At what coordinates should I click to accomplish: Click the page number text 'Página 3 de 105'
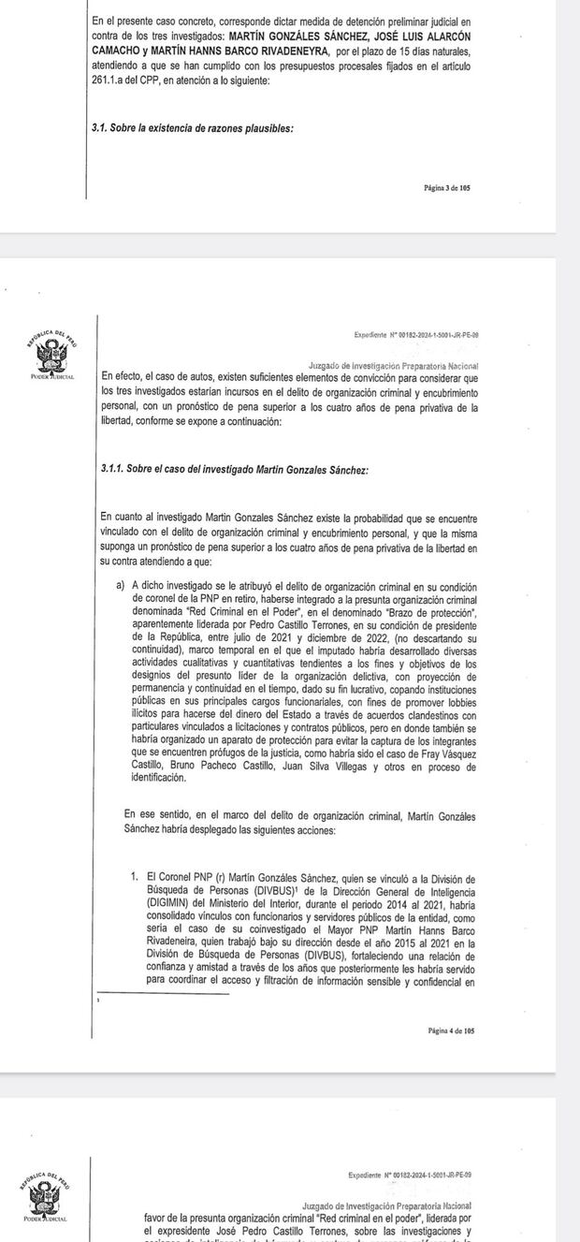[x=446, y=188]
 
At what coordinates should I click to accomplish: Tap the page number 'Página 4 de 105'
[x=450, y=1030]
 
